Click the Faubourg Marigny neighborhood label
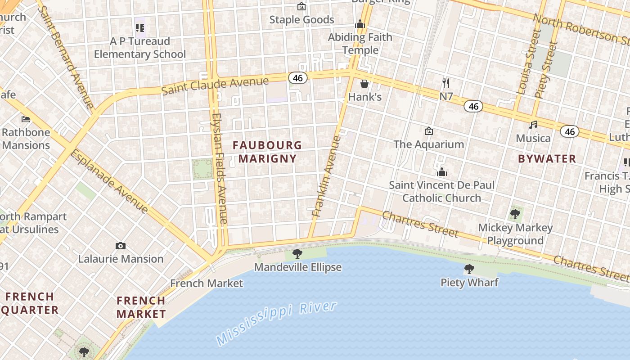point(267,152)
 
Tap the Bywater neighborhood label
point(547,158)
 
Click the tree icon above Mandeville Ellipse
point(297,254)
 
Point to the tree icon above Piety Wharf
point(469,269)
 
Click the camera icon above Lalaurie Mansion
point(120,246)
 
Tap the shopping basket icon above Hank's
point(364,84)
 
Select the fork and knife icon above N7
point(446,83)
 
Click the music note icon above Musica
point(533,125)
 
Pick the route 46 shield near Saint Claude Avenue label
point(298,78)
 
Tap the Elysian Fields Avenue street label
point(219,169)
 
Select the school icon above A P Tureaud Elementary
point(140,28)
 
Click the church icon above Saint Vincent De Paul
point(441,172)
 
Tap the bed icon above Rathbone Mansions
point(26,119)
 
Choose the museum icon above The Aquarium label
point(428,131)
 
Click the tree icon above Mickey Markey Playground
point(515,214)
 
